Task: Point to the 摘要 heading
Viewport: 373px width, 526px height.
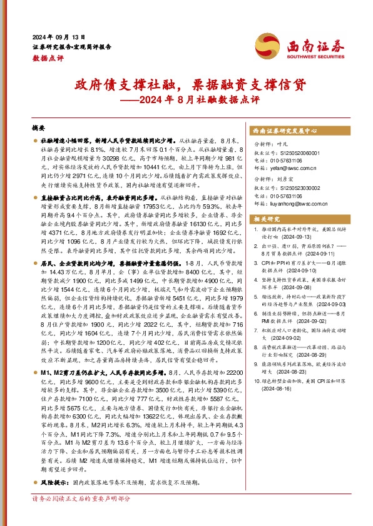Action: pyautogui.click(x=38, y=126)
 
